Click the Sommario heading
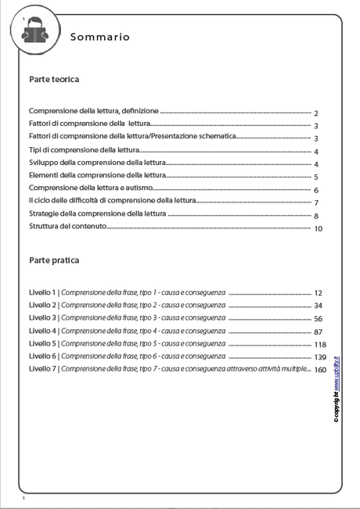click(x=100, y=37)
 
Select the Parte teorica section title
click(x=54, y=80)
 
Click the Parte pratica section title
click(x=54, y=260)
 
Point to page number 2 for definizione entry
click(x=315, y=113)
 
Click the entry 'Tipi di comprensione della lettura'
click(x=84, y=149)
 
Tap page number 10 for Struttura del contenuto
click(x=318, y=229)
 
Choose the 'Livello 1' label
click(x=41, y=292)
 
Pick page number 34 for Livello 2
click(x=318, y=306)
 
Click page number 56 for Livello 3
click(x=318, y=319)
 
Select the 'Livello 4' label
click(x=41, y=331)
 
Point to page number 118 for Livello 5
click(x=319, y=345)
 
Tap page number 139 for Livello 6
click(x=319, y=357)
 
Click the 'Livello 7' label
click(x=41, y=368)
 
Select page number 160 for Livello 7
click(x=319, y=371)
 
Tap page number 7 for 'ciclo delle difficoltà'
click(x=315, y=203)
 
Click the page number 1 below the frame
click(x=24, y=498)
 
